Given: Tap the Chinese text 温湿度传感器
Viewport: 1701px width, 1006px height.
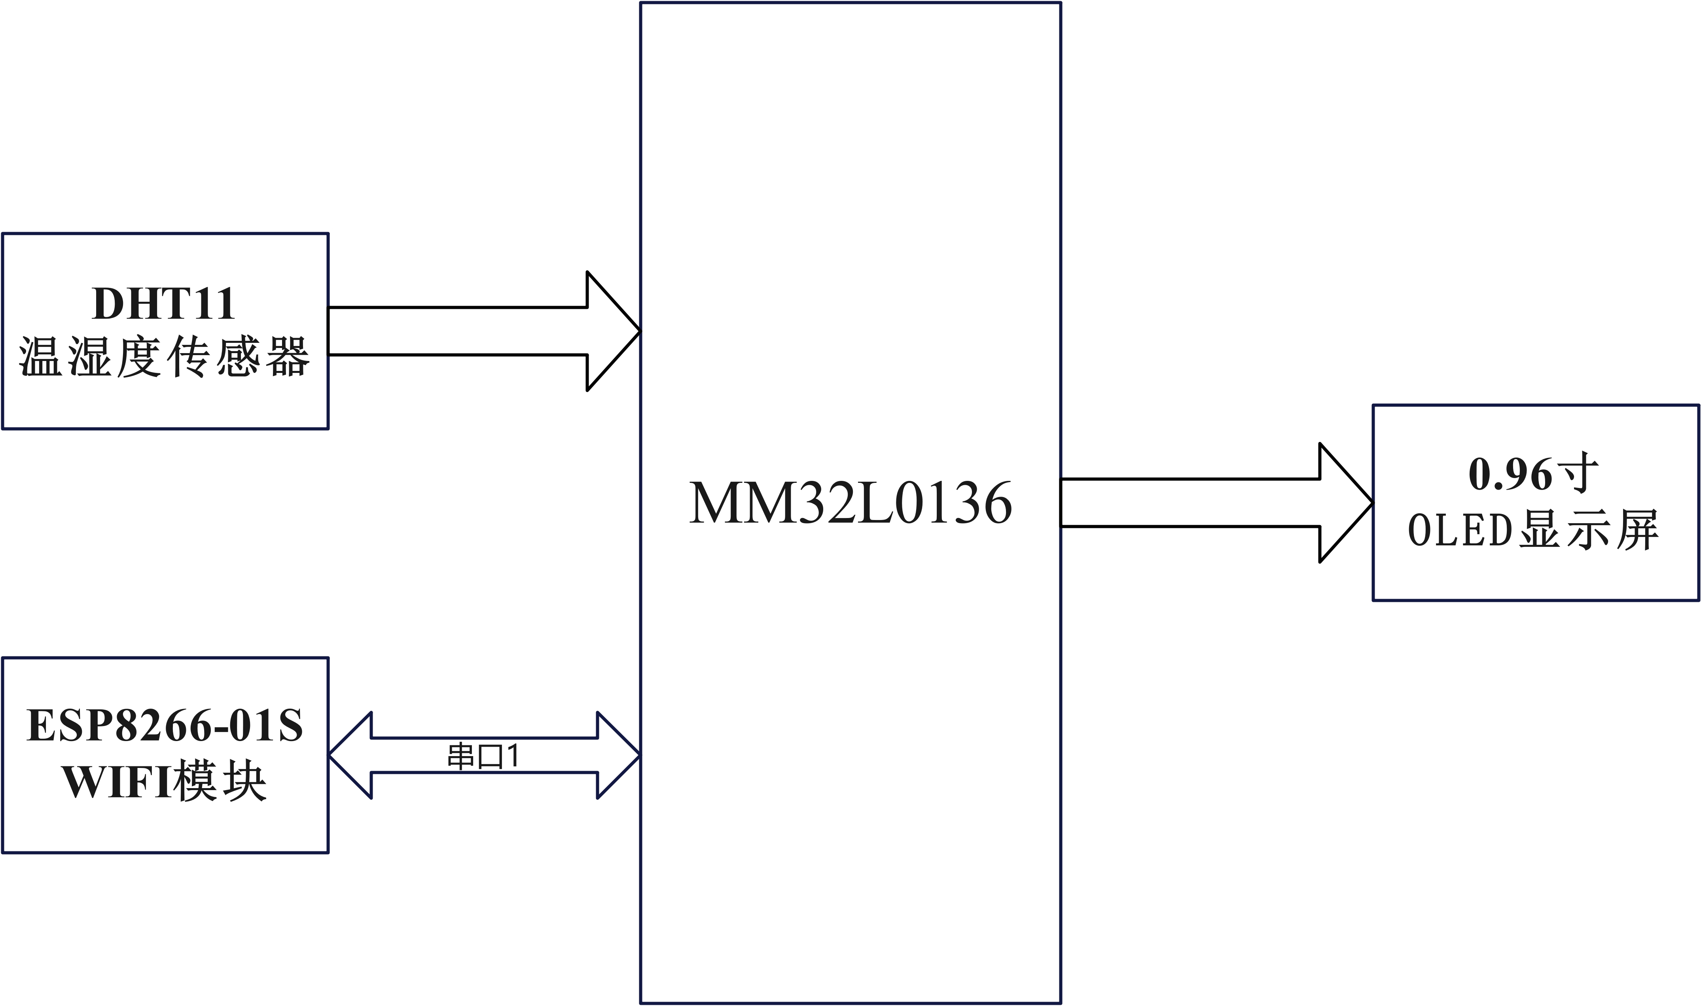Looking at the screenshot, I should pos(164,357).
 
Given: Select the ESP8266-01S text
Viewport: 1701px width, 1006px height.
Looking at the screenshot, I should pos(165,726).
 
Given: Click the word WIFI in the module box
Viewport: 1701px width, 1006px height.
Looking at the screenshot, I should pos(117,783).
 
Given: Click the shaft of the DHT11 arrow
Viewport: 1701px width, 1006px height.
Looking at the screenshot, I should pos(458,331).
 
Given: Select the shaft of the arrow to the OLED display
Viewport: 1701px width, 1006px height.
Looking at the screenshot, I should pos(1190,503).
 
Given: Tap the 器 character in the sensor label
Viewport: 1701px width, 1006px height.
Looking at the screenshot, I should pos(288,357).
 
